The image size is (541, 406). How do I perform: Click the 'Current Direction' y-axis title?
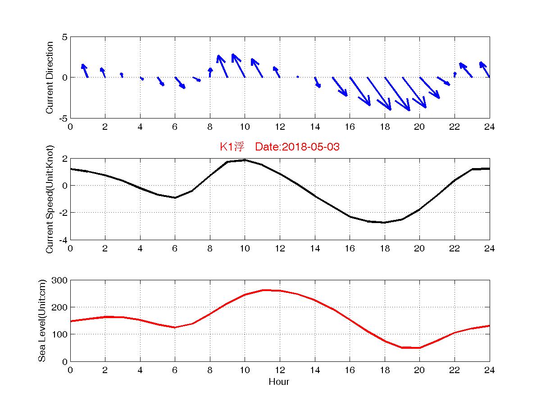click(50, 78)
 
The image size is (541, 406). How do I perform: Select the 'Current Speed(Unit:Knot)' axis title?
click(50, 199)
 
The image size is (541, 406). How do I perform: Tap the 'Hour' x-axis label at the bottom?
click(279, 382)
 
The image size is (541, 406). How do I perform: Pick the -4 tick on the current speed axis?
click(62, 240)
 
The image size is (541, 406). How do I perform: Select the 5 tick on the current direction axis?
click(64, 37)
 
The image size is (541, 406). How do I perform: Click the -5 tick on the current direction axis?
click(63, 118)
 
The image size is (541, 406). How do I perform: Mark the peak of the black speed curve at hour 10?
click(245, 160)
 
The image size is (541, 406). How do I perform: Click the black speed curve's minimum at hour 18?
click(384, 222)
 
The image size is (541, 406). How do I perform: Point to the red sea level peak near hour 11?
click(264, 290)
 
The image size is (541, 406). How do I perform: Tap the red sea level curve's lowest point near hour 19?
click(402, 347)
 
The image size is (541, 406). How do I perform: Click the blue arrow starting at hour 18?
click(388, 93)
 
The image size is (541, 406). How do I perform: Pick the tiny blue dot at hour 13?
click(298, 77)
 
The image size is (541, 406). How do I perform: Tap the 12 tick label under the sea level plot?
click(279, 370)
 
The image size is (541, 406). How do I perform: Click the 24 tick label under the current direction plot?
click(489, 127)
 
